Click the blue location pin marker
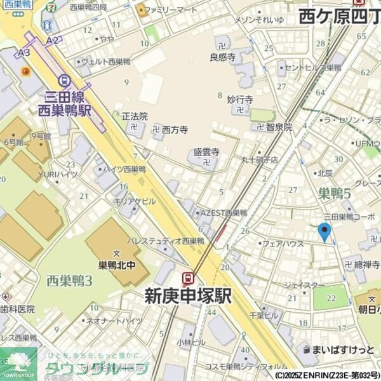[324, 232]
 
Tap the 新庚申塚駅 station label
[188, 296]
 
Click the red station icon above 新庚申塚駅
[188, 278]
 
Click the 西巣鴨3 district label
[69, 280]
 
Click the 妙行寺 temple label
[240, 100]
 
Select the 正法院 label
[134, 117]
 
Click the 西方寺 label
[175, 130]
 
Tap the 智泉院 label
[279, 126]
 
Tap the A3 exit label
[24, 53]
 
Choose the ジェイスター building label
[305, 286]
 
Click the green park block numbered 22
[331, 297]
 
